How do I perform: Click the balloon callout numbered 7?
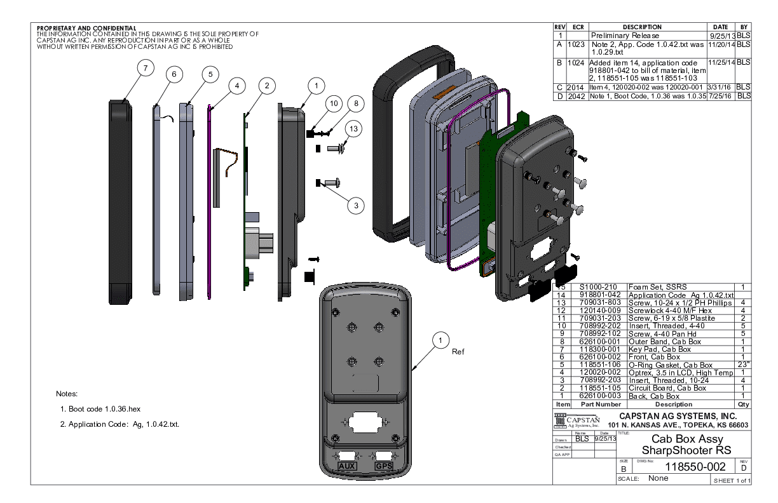click(x=146, y=67)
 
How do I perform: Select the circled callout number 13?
click(x=353, y=128)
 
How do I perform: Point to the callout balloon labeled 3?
click(x=356, y=205)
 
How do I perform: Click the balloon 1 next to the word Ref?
click(x=439, y=341)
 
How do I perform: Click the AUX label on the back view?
click(x=347, y=466)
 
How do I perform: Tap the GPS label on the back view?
click(x=384, y=466)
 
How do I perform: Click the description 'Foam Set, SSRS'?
click(x=658, y=288)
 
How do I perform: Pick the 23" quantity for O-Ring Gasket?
click(x=742, y=365)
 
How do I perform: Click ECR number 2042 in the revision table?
click(x=577, y=96)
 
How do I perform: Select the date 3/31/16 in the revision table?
click(x=721, y=87)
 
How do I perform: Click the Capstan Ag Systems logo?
click(x=578, y=421)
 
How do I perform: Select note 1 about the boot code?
click(x=104, y=409)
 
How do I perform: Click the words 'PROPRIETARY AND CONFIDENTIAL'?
click(x=86, y=29)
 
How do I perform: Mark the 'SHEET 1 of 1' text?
click(x=732, y=480)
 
